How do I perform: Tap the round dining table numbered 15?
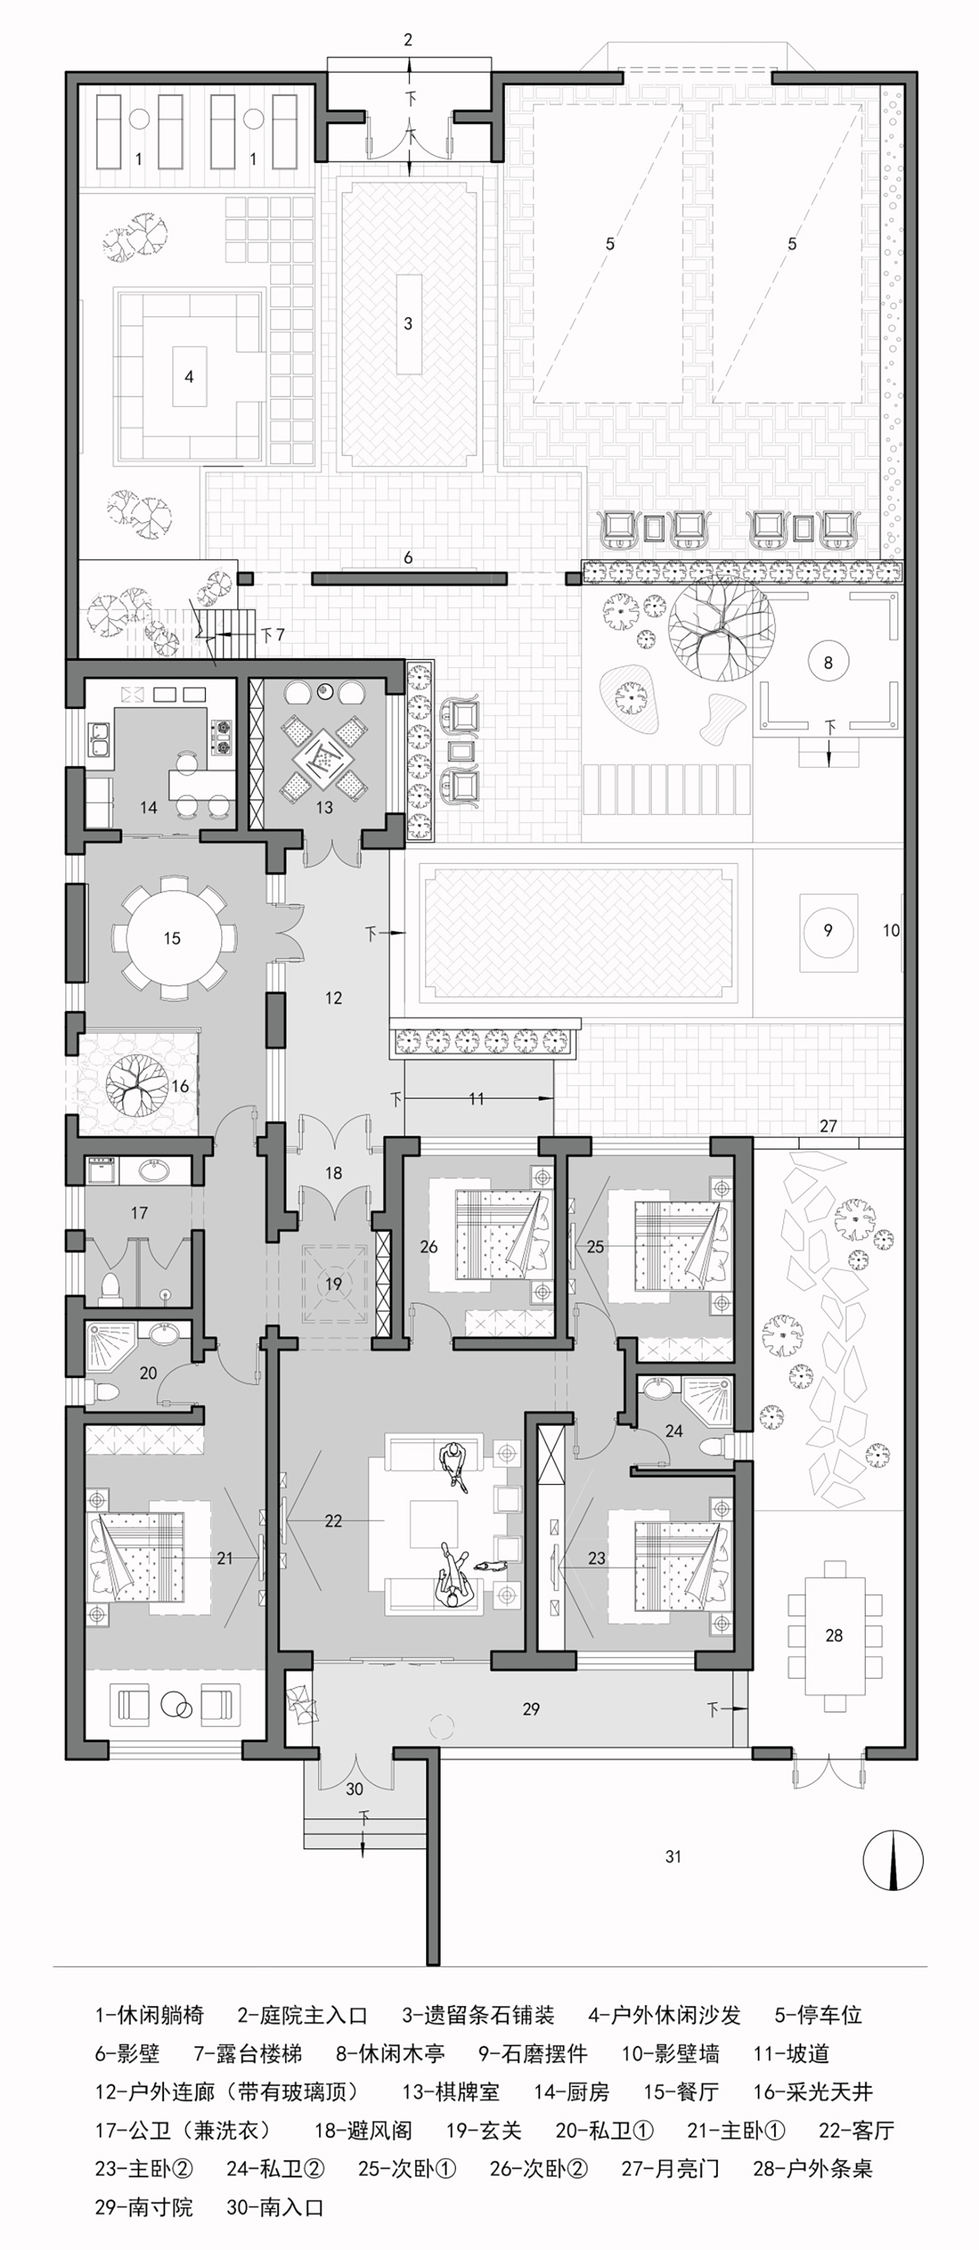172,938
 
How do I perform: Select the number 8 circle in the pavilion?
828,662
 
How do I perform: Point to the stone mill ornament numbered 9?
828,931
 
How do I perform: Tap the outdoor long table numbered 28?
834,1635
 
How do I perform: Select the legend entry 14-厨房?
572,2092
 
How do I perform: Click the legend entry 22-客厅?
857,2131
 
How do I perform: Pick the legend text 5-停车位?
818,2015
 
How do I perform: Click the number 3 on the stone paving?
408,324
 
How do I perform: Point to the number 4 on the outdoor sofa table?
189,377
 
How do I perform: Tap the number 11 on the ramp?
476,1099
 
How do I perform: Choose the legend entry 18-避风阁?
364,2131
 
